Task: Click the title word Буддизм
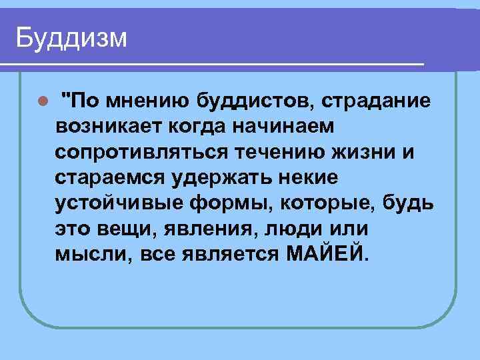[71, 37]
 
